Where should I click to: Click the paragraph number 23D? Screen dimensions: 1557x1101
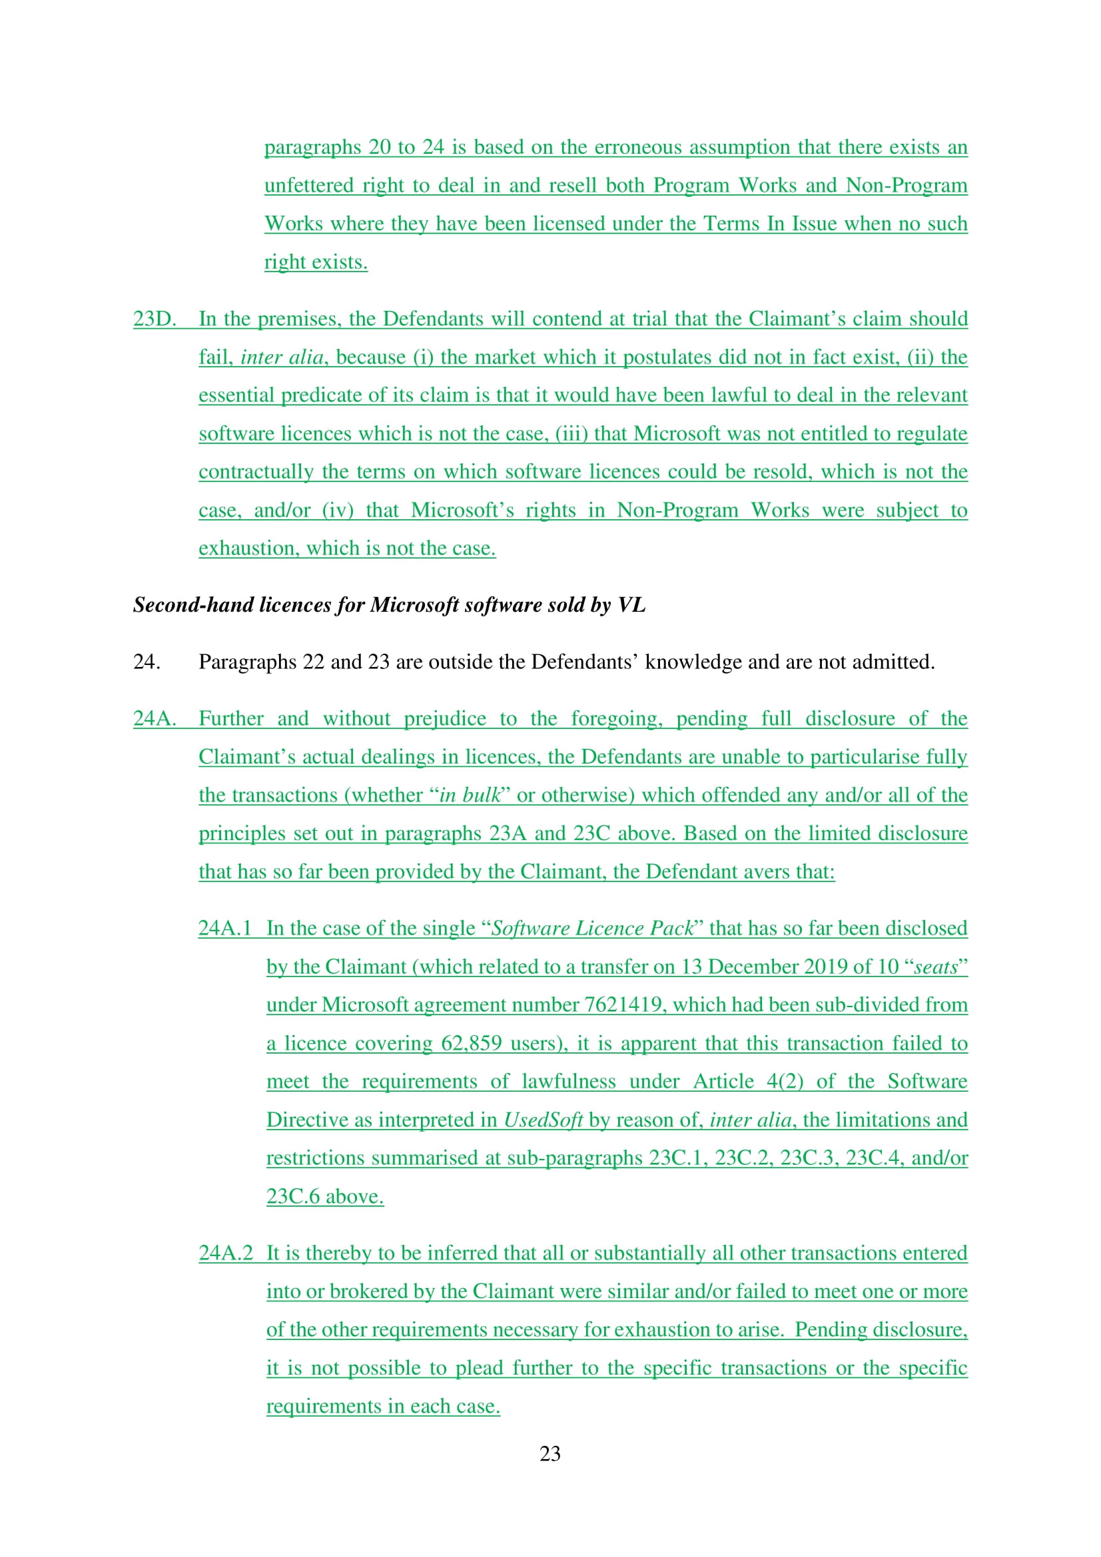point(154,319)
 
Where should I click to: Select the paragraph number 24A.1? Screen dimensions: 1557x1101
point(224,928)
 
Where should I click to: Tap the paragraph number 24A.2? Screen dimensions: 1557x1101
point(225,1253)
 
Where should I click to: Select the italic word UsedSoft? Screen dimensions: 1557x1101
point(543,1120)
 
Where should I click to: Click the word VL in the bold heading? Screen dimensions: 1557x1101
point(631,604)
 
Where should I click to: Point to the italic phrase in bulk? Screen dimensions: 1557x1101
point(470,795)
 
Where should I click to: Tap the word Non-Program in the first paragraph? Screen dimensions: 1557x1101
point(907,185)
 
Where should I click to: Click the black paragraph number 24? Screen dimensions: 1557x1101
point(147,661)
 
